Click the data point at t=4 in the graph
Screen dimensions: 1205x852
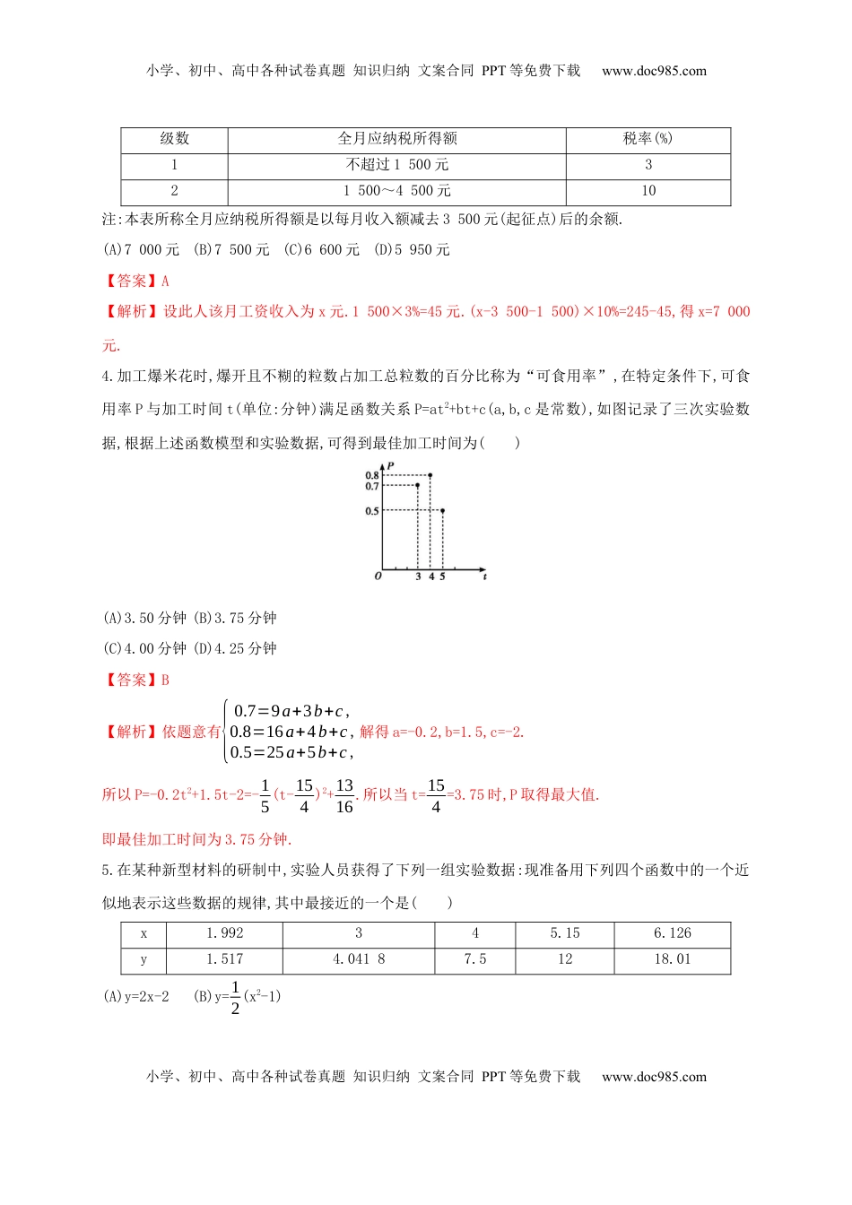coord(430,475)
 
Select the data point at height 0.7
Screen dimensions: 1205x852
coord(418,485)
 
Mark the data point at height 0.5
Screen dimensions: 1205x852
coord(442,510)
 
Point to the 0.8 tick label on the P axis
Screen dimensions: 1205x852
coord(371,475)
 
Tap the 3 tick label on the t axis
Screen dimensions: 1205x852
coord(418,576)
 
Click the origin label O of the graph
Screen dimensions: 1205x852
coord(378,576)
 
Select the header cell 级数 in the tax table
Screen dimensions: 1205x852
coord(175,138)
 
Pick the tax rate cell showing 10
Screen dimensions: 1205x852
coord(648,191)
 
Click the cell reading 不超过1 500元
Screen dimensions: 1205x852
coord(397,165)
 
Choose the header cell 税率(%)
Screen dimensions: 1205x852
coord(648,138)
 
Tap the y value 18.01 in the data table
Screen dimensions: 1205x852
coord(672,959)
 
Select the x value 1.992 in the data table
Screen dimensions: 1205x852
coord(224,933)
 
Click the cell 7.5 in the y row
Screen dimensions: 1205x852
coord(475,959)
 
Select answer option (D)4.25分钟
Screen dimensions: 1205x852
coord(235,648)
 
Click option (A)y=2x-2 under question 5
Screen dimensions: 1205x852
coord(136,996)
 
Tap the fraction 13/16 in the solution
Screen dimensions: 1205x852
coord(344,795)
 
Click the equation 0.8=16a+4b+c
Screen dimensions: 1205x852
coord(289,732)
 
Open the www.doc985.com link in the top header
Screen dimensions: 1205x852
coord(654,71)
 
